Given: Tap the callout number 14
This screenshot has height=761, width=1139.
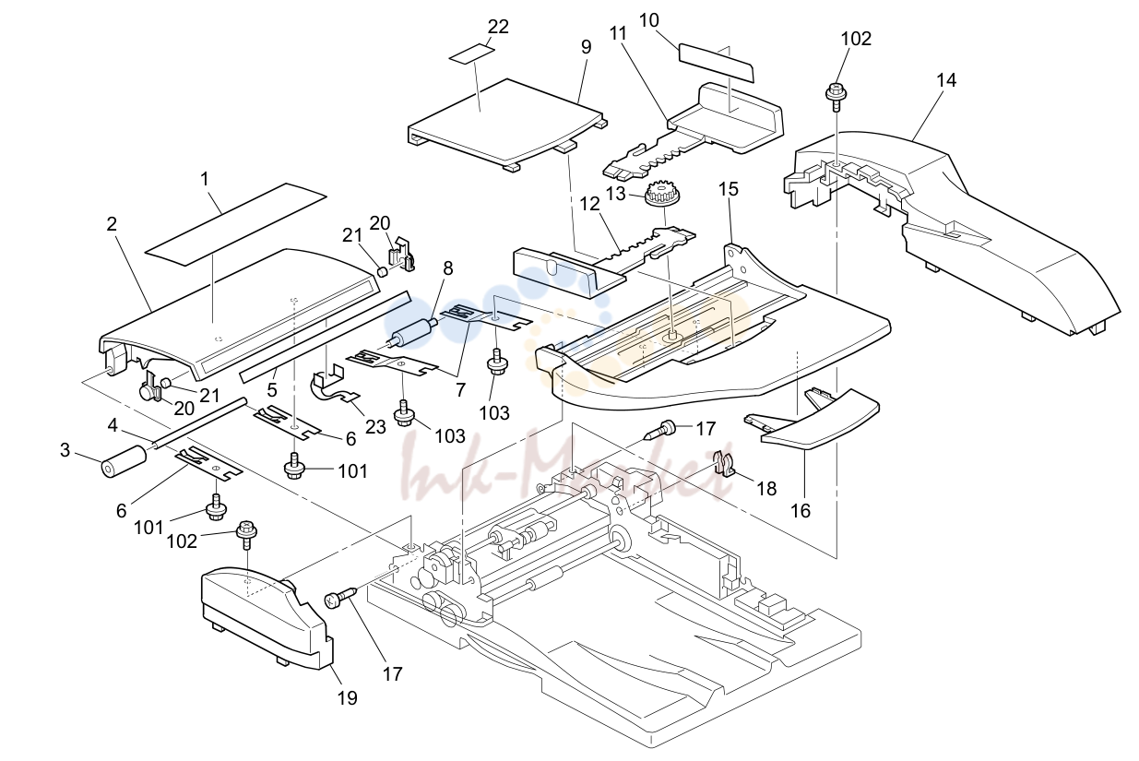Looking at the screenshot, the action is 946,80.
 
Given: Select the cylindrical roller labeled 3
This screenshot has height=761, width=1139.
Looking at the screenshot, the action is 125,461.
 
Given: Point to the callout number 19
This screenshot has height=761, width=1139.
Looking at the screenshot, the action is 348,698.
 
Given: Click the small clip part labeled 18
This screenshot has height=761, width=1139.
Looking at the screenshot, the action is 725,462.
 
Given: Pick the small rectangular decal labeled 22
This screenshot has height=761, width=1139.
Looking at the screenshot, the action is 472,54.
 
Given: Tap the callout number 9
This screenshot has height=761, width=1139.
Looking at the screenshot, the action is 587,47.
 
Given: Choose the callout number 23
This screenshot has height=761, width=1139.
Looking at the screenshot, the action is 375,426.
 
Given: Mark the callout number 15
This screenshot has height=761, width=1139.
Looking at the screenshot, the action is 729,189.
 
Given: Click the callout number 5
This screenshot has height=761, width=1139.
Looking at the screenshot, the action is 272,390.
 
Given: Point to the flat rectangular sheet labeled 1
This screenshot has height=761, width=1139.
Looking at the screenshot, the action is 236,224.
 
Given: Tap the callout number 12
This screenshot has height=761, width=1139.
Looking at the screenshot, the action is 590,204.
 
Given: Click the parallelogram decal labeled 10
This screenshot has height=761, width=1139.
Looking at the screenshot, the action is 717,63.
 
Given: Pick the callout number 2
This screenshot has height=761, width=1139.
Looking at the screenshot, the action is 112,224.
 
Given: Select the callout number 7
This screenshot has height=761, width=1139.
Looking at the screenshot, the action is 460,390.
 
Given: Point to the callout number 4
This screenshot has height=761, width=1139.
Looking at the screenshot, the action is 113,425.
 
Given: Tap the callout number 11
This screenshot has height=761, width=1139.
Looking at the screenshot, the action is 618,33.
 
